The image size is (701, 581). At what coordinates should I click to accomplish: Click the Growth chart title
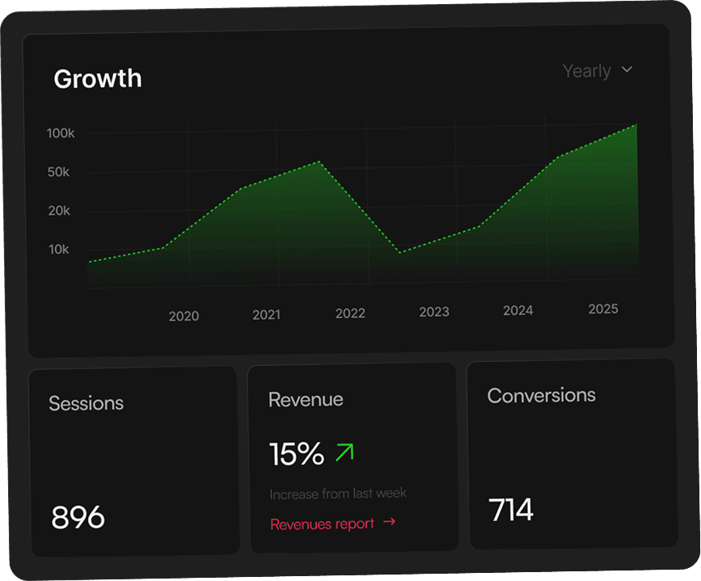click(97, 78)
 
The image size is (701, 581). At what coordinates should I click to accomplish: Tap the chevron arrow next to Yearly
click(627, 70)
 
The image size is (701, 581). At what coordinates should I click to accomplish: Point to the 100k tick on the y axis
click(61, 133)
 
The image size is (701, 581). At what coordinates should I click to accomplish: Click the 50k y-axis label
click(59, 172)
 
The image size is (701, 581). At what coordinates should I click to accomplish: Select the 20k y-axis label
click(59, 211)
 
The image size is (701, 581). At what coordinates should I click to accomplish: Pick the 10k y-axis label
click(59, 250)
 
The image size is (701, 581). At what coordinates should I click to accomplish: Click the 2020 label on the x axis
click(184, 317)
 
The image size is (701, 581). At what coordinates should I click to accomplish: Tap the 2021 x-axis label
click(266, 315)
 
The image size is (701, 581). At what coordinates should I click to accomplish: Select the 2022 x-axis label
click(350, 314)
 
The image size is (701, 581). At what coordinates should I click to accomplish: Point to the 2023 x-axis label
click(434, 312)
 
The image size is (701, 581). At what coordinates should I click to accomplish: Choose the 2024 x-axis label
click(517, 310)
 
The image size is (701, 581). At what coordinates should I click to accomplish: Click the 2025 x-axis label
click(603, 309)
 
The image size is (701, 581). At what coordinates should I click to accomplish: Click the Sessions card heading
click(86, 403)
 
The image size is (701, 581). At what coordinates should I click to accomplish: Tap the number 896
click(78, 517)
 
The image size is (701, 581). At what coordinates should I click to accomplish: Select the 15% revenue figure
click(297, 454)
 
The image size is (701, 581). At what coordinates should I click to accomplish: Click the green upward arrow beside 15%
click(344, 453)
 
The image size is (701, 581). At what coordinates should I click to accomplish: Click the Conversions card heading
click(541, 395)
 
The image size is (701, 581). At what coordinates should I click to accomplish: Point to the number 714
click(511, 511)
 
